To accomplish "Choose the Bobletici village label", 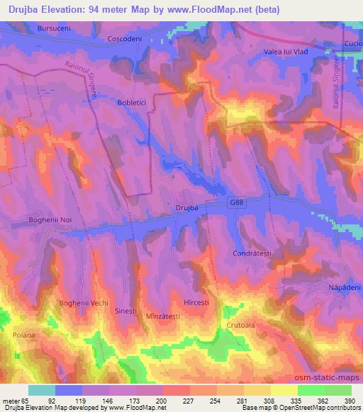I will (131, 102).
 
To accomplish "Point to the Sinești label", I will (125, 311).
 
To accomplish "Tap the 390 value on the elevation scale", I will (350, 401).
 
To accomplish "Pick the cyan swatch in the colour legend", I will (42, 390).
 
